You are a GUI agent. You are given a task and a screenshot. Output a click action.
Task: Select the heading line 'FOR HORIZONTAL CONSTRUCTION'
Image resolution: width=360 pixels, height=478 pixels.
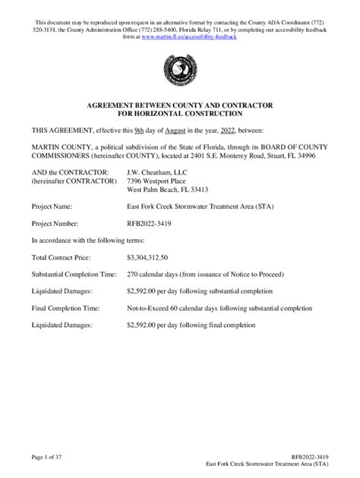coord(180,113)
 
